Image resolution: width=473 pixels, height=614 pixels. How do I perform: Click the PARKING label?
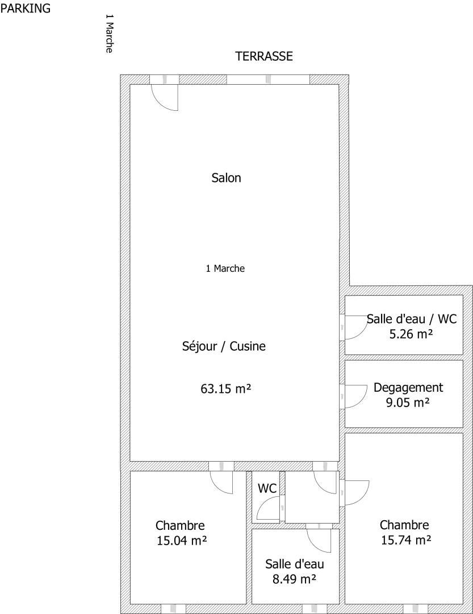click(26, 8)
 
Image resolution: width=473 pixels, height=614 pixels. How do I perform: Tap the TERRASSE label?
click(264, 56)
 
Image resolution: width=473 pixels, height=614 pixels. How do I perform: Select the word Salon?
click(226, 178)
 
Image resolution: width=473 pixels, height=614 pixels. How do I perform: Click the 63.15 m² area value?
click(226, 389)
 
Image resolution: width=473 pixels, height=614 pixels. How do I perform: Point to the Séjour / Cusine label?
click(224, 346)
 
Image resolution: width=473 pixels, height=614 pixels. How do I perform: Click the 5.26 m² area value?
click(411, 334)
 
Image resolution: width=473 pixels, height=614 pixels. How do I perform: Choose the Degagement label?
click(408, 388)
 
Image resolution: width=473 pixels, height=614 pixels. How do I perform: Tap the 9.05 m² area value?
click(408, 403)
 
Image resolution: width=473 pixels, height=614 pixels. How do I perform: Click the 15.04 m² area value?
click(182, 541)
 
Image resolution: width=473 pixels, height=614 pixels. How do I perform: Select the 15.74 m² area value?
click(406, 541)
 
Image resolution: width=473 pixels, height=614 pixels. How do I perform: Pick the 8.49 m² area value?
click(294, 579)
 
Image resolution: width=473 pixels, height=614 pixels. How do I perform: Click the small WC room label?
click(267, 489)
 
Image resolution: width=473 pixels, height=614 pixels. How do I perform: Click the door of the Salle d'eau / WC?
click(355, 327)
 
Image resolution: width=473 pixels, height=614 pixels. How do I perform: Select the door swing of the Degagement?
click(355, 397)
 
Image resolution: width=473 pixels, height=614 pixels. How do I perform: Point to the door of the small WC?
click(269, 508)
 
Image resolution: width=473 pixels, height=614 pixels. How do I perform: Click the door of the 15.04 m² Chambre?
click(221, 482)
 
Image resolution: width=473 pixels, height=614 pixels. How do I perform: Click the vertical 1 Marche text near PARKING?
click(110, 34)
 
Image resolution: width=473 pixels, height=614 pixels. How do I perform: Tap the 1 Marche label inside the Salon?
click(225, 268)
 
